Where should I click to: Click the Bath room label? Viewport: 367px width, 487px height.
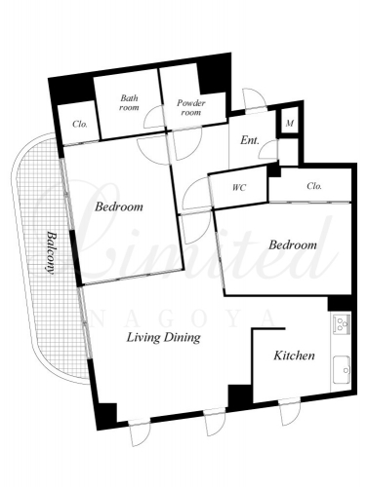click(129, 102)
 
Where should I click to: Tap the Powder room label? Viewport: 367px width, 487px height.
click(191, 108)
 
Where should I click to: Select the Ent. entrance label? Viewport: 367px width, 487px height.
click(250, 140)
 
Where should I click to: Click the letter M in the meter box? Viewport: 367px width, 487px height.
click(290, 124)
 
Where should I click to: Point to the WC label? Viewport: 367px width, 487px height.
click(239, 188)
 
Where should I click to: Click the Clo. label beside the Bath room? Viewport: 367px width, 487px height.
click(80, 124)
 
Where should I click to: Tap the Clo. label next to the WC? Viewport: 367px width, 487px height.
click(314, 186)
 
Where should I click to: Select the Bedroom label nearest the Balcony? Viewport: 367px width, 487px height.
click(119, 206)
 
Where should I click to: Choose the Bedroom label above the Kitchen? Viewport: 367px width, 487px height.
click(293, 244)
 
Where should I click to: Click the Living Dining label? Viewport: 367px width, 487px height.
click(163, 338)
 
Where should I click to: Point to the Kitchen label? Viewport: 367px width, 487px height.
click(294, 356)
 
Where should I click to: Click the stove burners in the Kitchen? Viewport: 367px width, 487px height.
click(341, 323)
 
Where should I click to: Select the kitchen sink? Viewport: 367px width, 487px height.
click(342, 370)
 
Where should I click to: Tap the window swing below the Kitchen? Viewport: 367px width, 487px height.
click(290, 412)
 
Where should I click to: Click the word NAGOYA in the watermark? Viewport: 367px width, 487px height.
click(183, 318)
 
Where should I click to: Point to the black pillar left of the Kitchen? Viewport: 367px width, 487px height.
click(240, 396)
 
